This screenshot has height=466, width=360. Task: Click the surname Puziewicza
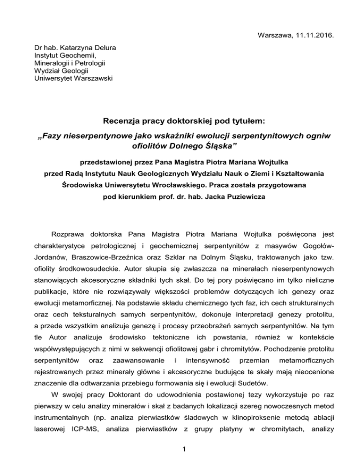(x=240, y=197)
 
